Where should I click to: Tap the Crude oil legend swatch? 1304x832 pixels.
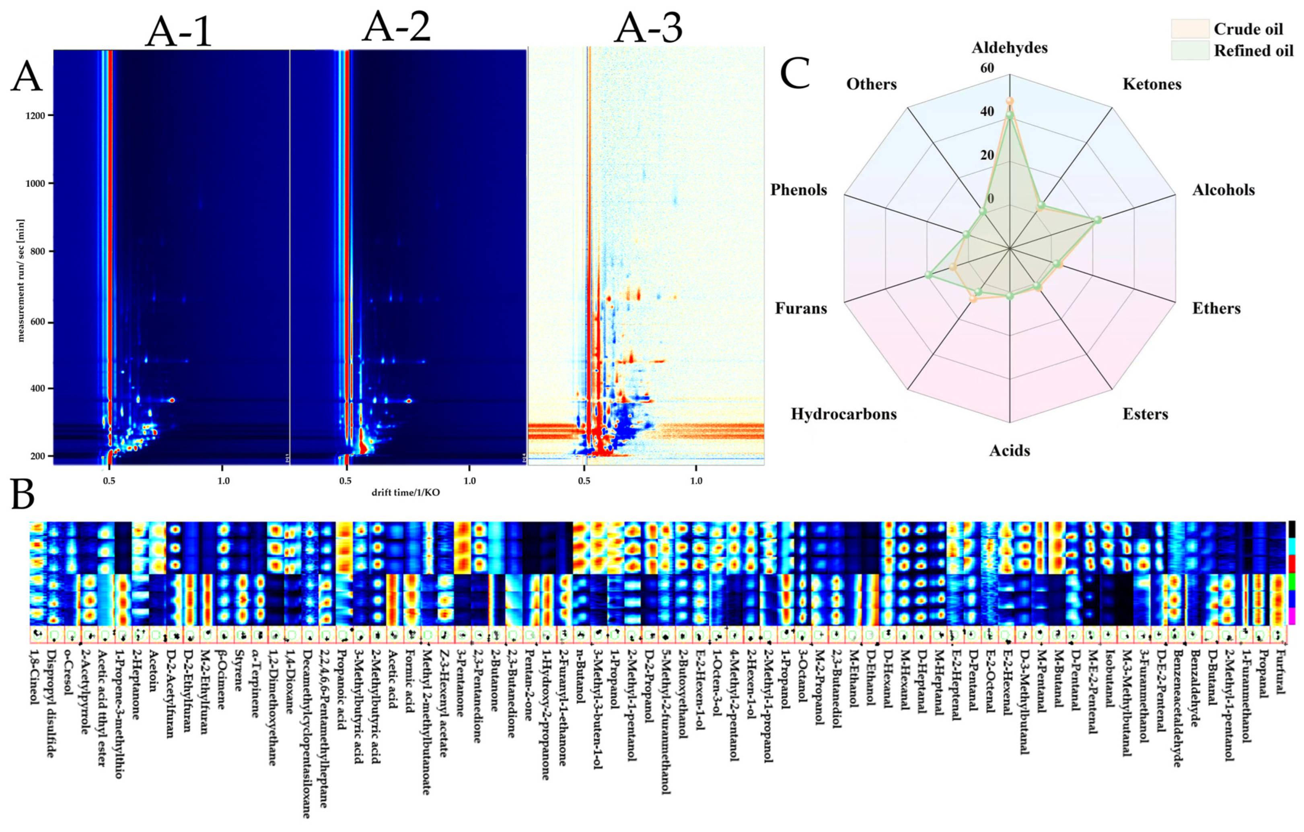[1190, 29]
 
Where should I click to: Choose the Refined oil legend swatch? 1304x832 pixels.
[1190, 50]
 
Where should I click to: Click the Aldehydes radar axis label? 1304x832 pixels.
[1010, 48]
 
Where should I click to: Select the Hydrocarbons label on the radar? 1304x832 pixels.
[843, 414]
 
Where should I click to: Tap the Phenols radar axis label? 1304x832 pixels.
[799, 190]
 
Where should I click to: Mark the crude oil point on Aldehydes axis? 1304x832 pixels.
[1010, 101]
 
